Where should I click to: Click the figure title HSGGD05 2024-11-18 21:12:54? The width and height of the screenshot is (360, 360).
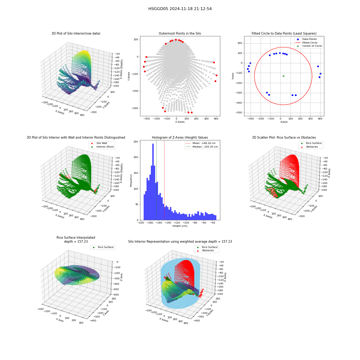tap(180, 9)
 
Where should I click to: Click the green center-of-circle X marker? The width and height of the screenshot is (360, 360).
tap(283, 76)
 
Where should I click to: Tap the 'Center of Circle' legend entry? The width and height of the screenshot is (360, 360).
tap(309, 46)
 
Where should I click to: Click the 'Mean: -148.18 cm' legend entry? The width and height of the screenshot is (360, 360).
tap(201, 143)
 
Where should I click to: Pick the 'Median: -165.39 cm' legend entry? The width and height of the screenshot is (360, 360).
tap(202, 147)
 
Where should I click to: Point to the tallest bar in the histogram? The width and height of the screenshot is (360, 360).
tap(153, 182)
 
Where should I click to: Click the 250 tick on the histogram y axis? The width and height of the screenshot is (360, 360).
tap(136, 141)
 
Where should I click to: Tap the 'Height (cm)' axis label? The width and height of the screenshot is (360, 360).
tap(180, 226)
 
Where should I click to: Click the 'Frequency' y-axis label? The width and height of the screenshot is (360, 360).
tap(131, 180)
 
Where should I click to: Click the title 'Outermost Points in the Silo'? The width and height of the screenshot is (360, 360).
tap(180, 33)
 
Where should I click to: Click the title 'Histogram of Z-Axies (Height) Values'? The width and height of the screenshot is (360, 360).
tap(180, 138)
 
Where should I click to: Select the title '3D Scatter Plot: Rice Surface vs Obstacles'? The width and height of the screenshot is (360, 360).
tap(284, 138)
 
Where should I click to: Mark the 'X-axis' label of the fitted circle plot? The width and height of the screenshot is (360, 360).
tap(284, 122)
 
